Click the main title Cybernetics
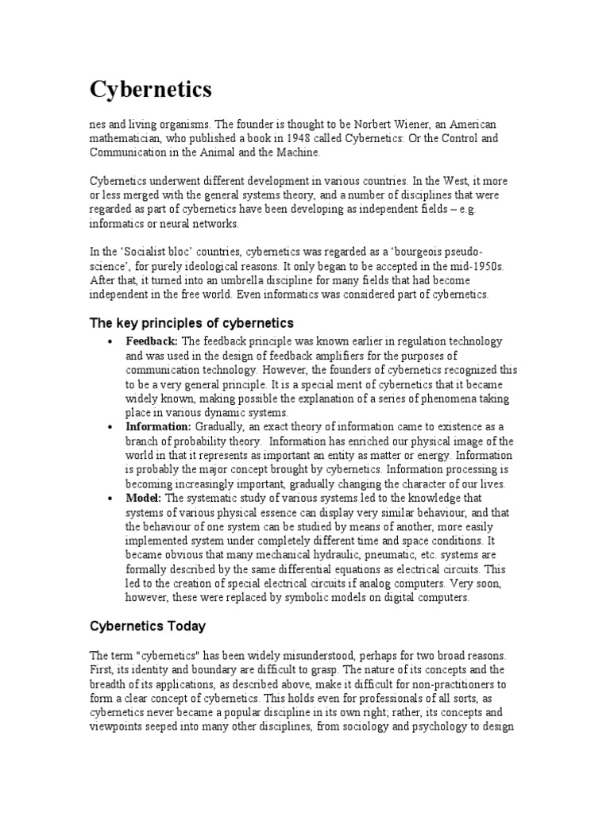pyautogui.click(x=150, y=90)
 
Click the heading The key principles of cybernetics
pyautogui.click(x=191, y=323)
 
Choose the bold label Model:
pyautogui.click(x=144, y=498)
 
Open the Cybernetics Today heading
pyautogui.click(x=147, y=626)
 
